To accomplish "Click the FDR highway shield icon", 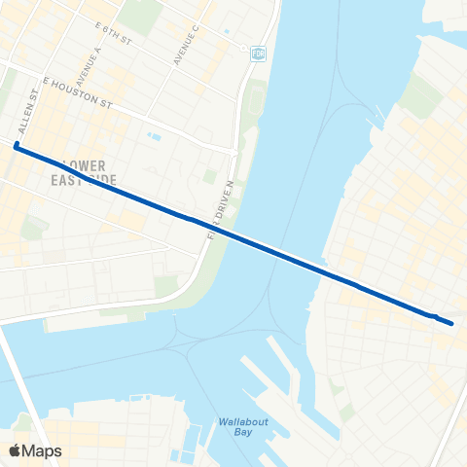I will [257, 52].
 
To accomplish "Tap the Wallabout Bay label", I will [233, 426].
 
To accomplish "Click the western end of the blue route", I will [17, 147].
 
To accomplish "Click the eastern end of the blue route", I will [451, 323].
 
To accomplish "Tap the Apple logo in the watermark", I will [16, 450].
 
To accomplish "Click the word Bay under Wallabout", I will [233, 432].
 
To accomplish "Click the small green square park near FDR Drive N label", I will [210, 176].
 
